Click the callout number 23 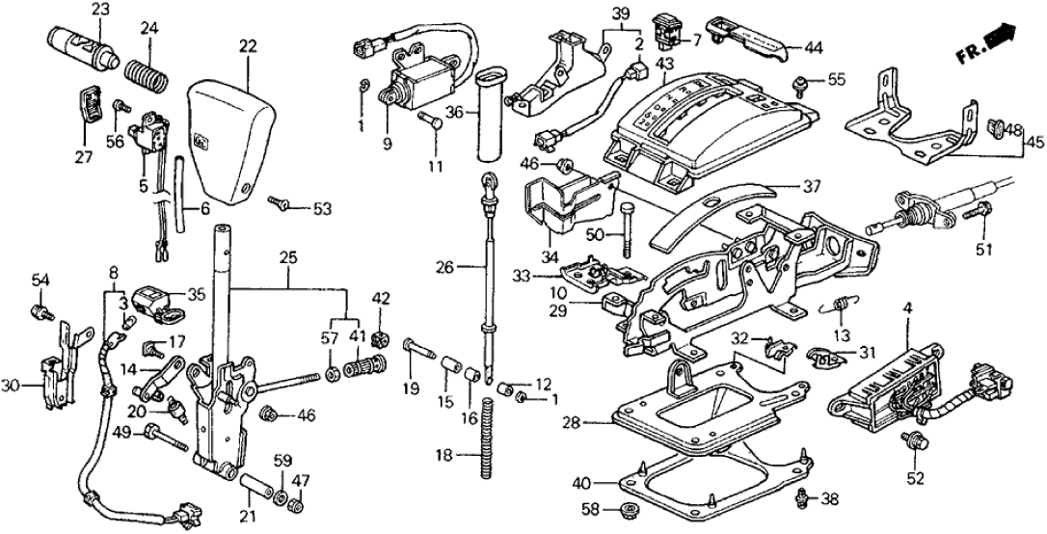coord(101,9)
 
